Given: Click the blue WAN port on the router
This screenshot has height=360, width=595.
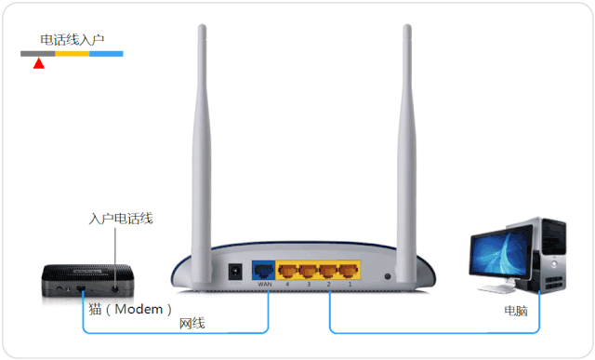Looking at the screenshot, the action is click(263, 270).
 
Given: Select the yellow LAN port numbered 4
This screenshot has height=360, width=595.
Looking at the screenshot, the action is click(287, 271).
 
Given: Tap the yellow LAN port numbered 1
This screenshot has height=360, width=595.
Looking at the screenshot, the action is click(349, 271).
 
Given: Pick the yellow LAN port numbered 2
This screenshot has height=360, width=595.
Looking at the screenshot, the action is click(328, 271).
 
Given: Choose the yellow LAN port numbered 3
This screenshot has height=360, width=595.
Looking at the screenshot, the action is click(308, 271).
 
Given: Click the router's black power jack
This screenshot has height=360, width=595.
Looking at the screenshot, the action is click(235, 272).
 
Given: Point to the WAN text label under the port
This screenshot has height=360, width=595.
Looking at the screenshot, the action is click(264, 284).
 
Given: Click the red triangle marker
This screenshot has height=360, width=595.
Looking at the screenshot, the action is click(39, 63).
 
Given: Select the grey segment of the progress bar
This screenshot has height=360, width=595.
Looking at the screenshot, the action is click(37, 54).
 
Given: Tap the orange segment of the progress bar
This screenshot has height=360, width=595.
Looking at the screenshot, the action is click(73, 54).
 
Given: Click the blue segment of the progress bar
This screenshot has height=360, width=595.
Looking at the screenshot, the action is click(106, 54).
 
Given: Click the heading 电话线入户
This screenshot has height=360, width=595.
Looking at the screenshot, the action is click(73, 39).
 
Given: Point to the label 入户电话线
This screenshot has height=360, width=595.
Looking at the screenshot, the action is click(121, 219).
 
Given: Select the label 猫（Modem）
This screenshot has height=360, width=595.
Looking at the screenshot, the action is click(130, 310).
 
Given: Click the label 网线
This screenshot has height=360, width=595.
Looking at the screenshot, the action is click(192, 324).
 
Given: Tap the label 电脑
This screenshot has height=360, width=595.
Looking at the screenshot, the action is click(516, 311).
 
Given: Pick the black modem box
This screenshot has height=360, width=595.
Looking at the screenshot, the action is click(87, 281).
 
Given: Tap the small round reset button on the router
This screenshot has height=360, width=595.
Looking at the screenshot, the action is click(388, 276).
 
